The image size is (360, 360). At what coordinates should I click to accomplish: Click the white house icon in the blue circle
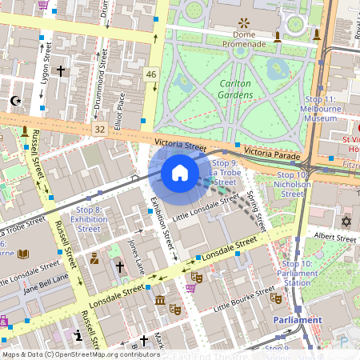pos(180,173)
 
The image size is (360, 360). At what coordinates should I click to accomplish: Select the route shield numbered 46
pos(151,74)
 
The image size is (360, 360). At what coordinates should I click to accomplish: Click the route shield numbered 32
pos(99,128)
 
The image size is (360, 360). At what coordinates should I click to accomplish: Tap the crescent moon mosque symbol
pos(14,102)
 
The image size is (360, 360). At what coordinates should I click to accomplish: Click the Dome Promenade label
pos(243,39)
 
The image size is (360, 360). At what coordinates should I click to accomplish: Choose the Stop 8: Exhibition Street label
pos(89,219)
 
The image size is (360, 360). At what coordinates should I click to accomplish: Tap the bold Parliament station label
pos(297,319)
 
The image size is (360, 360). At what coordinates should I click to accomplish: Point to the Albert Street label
pos(334,238)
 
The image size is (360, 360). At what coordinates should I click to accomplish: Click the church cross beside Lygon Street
pos(61,71)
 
